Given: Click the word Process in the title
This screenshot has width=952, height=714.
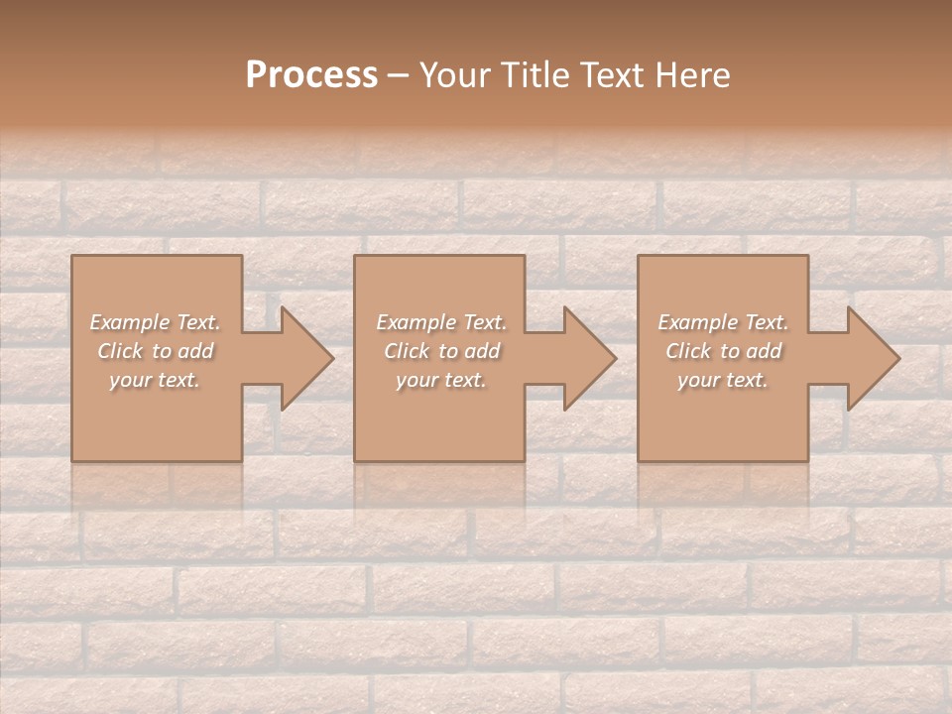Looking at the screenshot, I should point(311,75).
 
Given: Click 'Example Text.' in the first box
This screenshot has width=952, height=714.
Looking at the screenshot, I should point(156,322).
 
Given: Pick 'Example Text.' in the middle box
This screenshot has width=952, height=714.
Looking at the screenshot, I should point(441,322).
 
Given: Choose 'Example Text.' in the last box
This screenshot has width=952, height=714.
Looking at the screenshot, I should point(723,322).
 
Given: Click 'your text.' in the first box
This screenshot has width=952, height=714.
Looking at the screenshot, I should point(156,380).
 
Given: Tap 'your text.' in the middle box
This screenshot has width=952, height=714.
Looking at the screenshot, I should point(441,380).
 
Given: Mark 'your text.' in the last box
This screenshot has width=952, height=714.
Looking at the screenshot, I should point(723,380).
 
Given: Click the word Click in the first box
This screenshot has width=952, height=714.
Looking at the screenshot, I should point(120,351).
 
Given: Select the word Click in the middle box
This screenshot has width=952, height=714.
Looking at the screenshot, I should point(407,351).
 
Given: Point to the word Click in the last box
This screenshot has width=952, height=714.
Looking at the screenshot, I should point(688,351).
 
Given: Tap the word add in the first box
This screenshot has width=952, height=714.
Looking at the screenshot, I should point(196,351).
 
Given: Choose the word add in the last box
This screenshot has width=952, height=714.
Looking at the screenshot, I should point(764,351).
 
